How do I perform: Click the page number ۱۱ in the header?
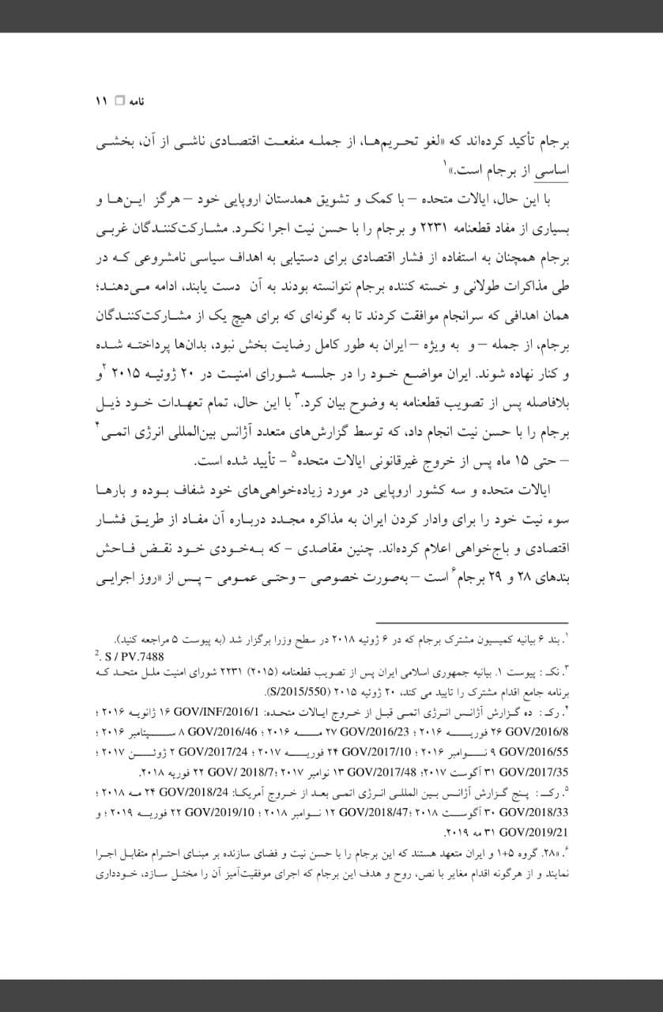[100, 102]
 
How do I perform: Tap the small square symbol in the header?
[119, 102]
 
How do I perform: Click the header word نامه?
[137, 102]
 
